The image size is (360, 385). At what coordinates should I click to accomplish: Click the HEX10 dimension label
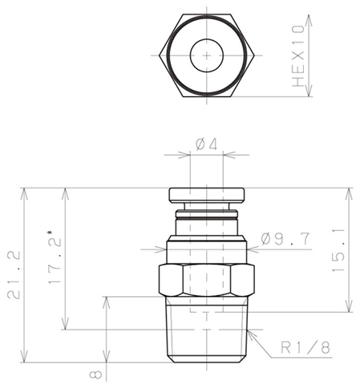click(298, 55)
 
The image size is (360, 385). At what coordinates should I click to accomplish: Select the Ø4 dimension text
click(206, 144)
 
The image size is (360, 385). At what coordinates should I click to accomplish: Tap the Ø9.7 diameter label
click(285, 239)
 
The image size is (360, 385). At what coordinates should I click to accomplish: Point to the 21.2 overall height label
click(14, 275)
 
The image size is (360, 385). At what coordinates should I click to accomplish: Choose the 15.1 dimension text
click(338, 250)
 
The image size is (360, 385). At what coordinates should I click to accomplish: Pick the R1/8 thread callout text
click(305, 347)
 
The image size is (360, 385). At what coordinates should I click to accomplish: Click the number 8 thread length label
click(95, 375)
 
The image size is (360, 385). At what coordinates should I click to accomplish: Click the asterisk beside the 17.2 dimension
click(50, 232)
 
